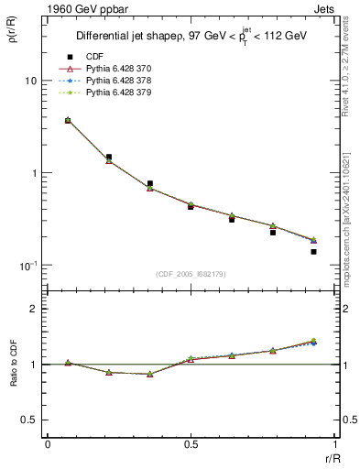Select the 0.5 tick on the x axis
(191, 444)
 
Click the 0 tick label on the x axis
(48, 444)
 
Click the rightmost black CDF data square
(313, 252)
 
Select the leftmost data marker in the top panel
(68, 120)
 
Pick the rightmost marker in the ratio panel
(313, 342)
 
